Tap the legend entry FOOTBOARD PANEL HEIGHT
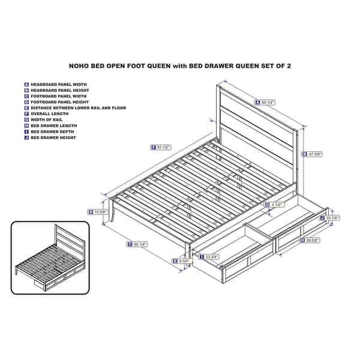point(58,102)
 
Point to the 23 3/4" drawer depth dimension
point(211,257)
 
